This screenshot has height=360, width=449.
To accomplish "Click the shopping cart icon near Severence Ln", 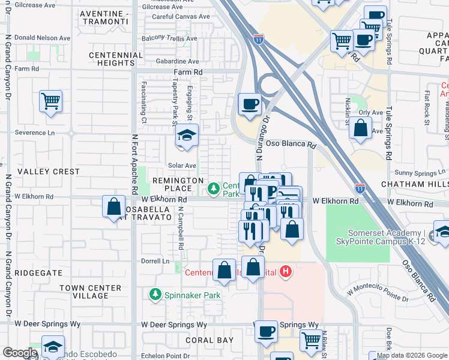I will (50, 101).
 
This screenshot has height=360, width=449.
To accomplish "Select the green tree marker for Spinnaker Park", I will (155, 295).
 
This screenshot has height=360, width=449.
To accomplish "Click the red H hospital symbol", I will (286, 272).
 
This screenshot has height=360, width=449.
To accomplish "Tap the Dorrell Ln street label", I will (154, 262).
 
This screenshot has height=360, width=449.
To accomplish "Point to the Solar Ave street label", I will (182, 166).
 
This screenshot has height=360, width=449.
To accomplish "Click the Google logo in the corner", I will (20, 353).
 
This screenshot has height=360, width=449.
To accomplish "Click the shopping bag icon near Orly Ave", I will (360, 128).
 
